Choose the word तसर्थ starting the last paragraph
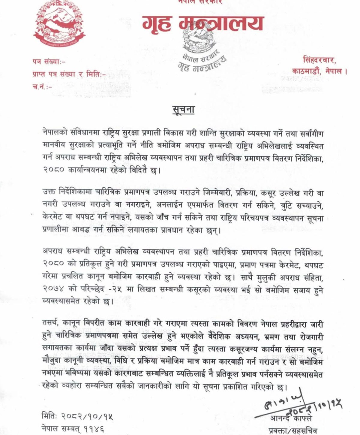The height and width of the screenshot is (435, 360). coord(51,324)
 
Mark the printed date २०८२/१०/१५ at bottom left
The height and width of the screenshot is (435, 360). coord(88,417)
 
